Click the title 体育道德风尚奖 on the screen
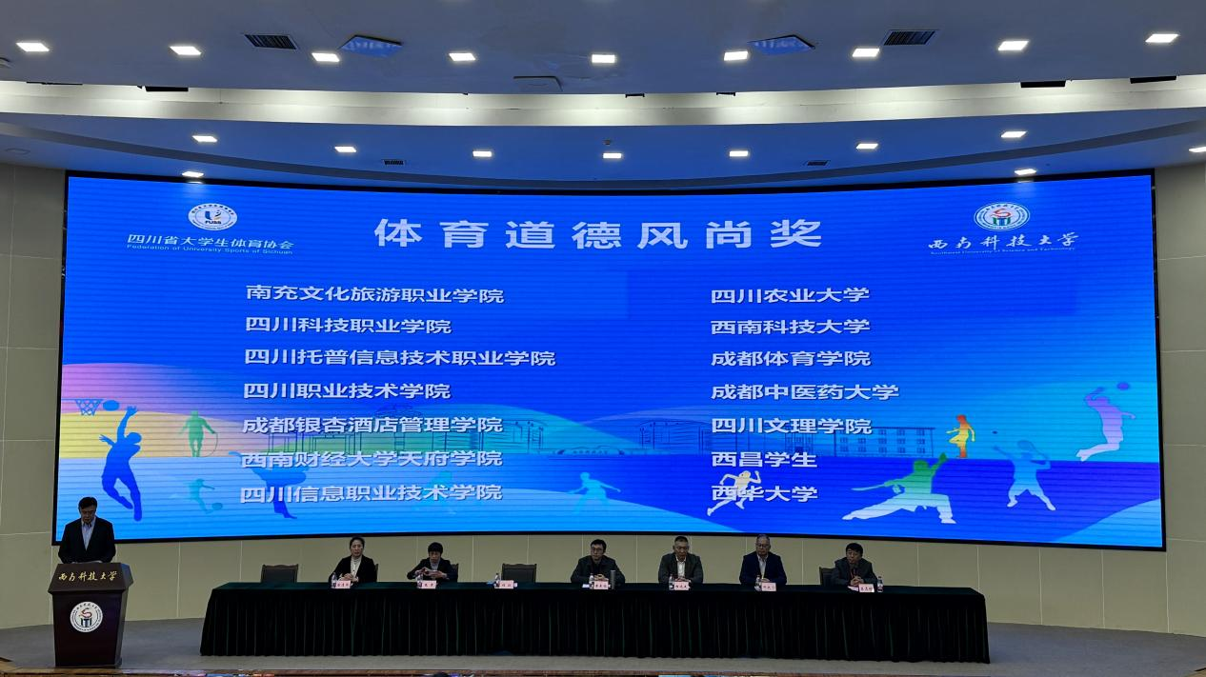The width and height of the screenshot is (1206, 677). pos(597,233)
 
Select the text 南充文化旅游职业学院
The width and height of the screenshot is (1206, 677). pos(374,295)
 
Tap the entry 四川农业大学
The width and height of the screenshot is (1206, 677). pos(790,295)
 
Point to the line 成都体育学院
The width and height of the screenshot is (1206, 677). pos(791,359)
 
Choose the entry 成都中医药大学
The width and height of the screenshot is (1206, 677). pos(805,391)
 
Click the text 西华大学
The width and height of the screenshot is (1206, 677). pos(764,493)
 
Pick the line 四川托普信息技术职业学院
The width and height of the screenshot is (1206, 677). pos(400,358)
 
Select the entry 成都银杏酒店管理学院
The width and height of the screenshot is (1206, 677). pos(372,425)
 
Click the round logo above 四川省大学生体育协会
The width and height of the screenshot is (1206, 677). pos(211,217)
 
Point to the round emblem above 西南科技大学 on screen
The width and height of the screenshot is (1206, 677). pos(1001,216)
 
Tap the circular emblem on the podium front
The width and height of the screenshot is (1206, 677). pos(86,617)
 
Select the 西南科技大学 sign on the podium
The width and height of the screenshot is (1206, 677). pos(88,576)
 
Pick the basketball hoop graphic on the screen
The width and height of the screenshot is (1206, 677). pos(90,407)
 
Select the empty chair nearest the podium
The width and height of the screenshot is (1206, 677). pos(279,572)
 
